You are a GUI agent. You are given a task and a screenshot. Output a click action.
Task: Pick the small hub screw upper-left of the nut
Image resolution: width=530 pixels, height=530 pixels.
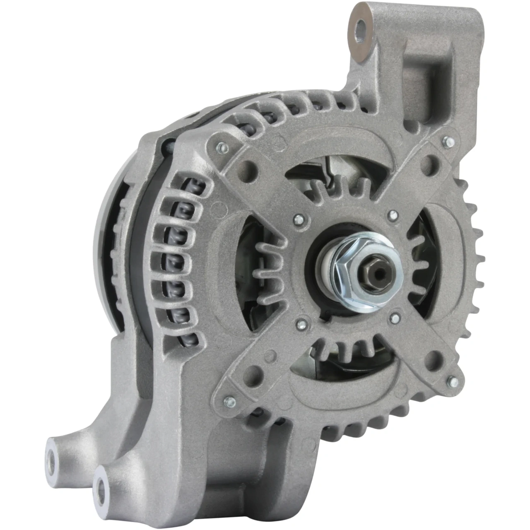point(297,220)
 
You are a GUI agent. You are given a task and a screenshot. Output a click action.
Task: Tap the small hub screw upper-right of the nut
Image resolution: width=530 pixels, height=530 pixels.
point(393,215)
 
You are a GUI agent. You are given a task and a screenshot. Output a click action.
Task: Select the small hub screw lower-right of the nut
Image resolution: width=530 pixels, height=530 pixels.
point(395,318)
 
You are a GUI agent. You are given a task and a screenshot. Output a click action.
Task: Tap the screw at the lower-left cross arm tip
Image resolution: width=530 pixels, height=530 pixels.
point(229,401)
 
